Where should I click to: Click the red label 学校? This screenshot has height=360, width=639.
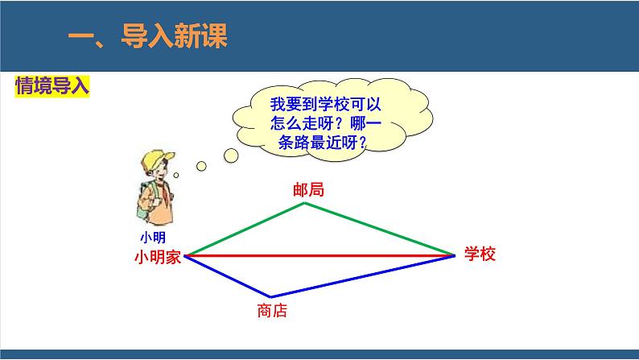[x=480, y=254]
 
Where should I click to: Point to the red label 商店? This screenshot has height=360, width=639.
[x=272, y=311]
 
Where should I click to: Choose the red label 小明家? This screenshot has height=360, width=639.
[x=159, y=257]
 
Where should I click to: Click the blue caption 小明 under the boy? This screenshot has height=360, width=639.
[x=152, y=237]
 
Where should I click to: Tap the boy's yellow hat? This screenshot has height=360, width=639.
[x=153, y=158]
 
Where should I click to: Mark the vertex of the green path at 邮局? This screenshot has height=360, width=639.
[x=305, y=203]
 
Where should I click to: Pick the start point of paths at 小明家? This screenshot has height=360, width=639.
[x=186, y=256]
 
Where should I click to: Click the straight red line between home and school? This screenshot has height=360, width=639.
[x=322, y=255]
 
